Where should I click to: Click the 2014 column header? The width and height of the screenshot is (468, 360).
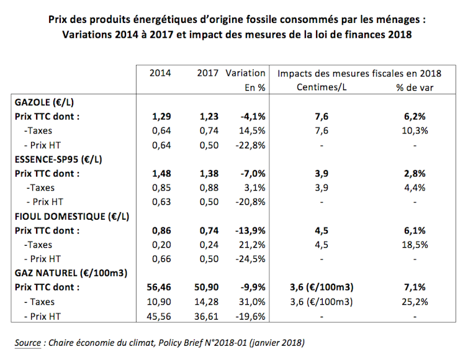coord(160,73)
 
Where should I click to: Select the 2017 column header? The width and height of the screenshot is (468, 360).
coord(208,73)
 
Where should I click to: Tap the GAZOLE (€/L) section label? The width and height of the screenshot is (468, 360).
coord(44,102)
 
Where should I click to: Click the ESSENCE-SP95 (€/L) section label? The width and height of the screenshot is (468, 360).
coord(58,160)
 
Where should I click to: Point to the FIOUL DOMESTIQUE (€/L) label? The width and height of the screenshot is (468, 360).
coord(72,217)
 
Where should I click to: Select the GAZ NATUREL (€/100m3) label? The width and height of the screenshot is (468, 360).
coord(71,273)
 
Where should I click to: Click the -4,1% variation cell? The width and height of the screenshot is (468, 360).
coord(253,117)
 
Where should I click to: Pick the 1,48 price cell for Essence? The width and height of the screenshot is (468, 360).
coord(161,174)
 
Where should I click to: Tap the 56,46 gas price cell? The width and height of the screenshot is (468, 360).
coord(159,287)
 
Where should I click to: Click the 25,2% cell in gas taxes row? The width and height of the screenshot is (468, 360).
coord(415,302)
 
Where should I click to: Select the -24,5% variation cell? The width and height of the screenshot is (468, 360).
coord(250,259)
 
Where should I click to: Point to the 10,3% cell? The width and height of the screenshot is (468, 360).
coord(415,131)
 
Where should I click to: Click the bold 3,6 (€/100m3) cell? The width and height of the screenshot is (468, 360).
coord(322,287)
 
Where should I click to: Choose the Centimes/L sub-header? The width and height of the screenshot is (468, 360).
coord(322,88)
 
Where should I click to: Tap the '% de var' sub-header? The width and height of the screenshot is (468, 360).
coord(415,88)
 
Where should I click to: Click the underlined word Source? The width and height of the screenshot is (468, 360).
coord(28,343)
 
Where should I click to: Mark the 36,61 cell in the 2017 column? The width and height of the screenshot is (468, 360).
coord(206,317)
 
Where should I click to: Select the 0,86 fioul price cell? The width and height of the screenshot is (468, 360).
coord(161,231)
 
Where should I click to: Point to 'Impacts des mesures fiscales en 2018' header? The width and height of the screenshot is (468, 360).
coord(359,73)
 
